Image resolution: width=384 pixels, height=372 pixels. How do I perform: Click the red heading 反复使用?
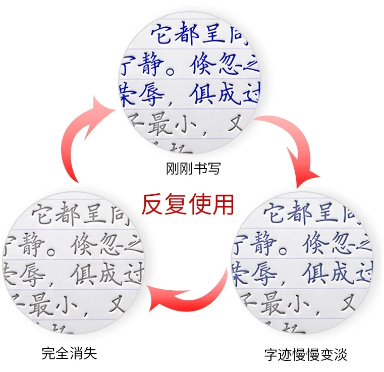point(188,204)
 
